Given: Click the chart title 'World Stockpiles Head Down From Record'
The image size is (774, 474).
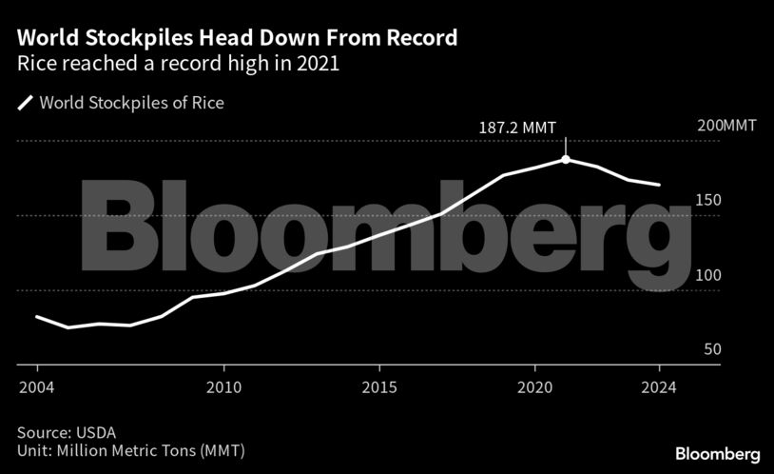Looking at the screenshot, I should [237, 39].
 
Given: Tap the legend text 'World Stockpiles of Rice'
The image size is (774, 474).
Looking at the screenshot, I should [131, 103].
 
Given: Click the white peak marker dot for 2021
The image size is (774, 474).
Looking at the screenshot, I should [566, 159].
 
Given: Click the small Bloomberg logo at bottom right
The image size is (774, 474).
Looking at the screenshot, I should [718, 453].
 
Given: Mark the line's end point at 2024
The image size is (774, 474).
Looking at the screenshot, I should [659, 185].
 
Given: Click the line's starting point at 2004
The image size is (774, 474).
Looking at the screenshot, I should [37, 316].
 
